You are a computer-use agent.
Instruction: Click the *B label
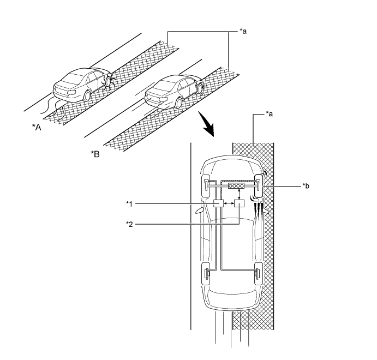95,154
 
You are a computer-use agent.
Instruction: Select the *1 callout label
129,203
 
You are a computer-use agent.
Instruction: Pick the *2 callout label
129,223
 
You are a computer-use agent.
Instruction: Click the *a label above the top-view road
268,114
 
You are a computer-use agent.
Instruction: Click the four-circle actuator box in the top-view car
236,186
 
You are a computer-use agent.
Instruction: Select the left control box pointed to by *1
219,203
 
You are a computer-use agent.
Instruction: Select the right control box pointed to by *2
239,204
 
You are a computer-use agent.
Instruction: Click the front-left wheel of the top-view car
207,186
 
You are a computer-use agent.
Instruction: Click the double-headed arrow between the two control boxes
229,204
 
